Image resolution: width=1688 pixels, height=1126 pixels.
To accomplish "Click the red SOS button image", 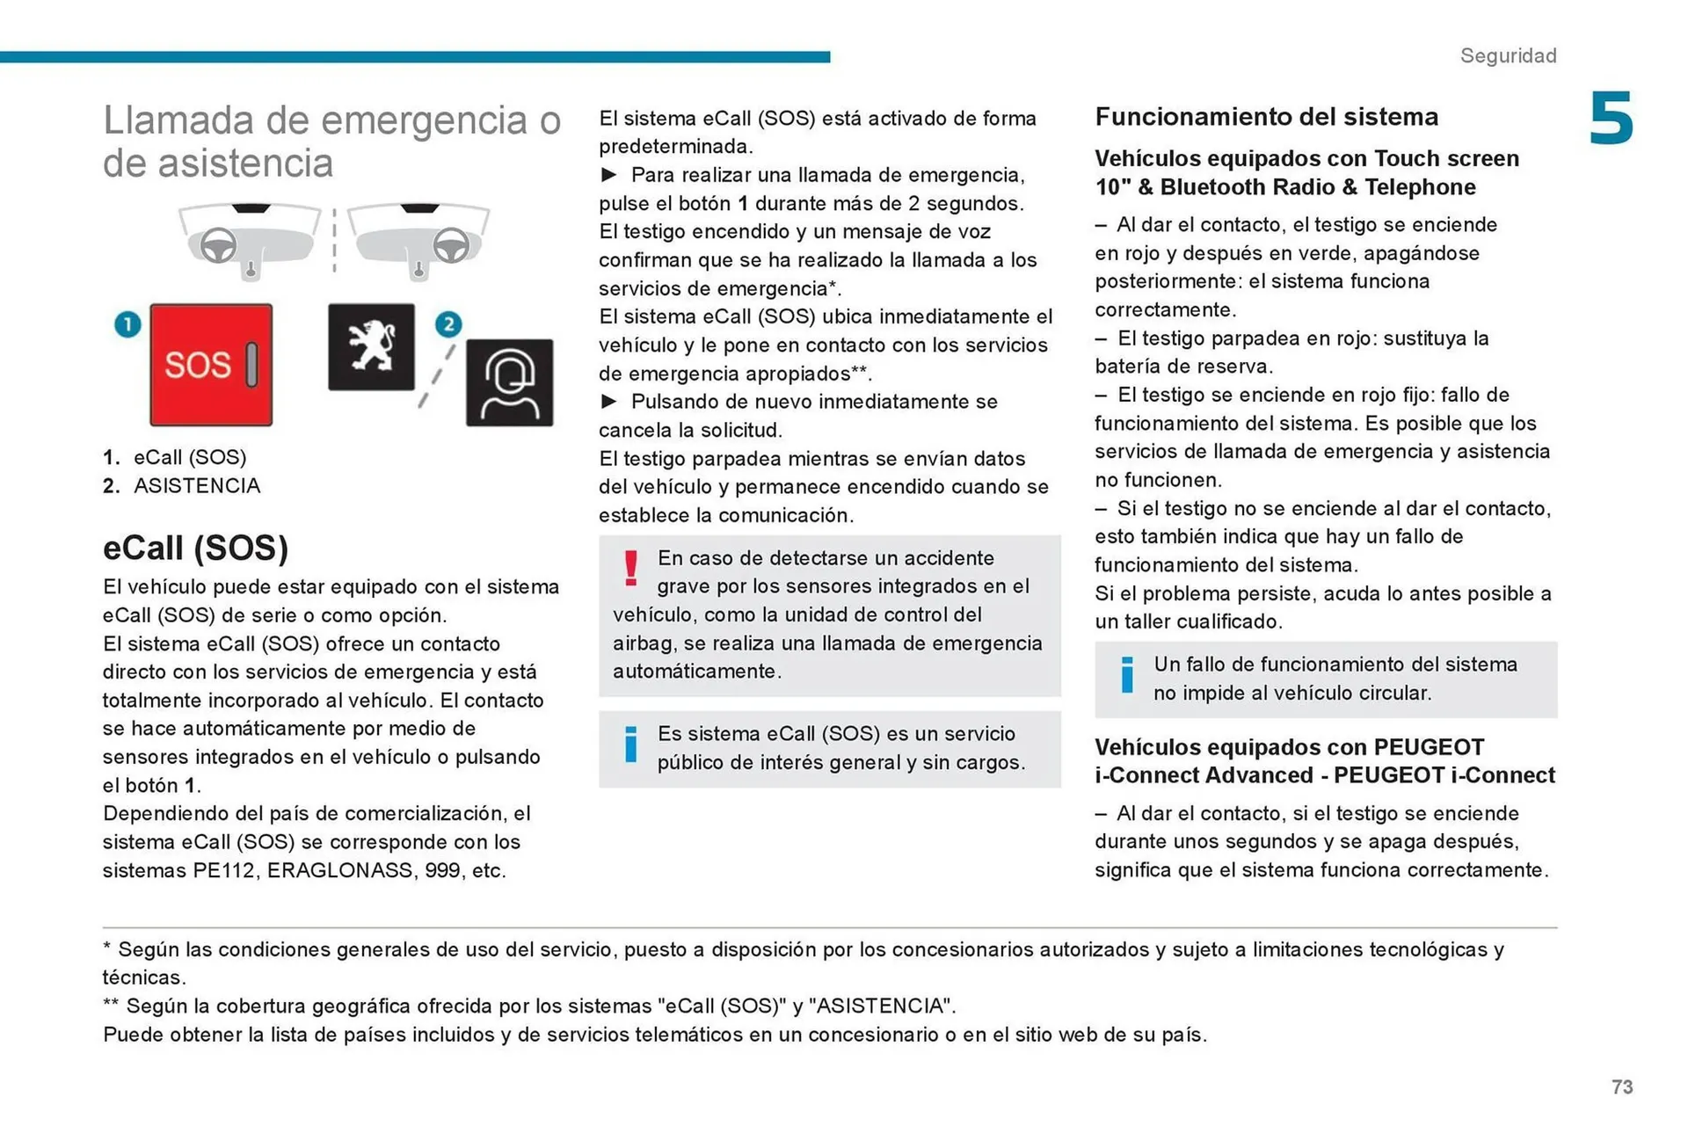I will (x=211, y=365).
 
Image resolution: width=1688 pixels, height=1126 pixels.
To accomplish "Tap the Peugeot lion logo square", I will (x=371, y=347).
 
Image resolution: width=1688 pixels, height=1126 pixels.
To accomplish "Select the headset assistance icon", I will (x=510, y=383).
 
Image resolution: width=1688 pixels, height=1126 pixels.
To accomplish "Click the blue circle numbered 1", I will (x=127, y=324).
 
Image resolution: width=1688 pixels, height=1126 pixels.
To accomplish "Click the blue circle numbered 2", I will (x=448, y=324).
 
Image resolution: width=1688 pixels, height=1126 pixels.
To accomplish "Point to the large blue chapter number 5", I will (x=1611, y=119).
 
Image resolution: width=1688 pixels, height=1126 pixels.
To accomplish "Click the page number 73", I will (x=1622, y=1087).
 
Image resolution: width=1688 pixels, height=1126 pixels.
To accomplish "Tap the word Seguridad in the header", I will (x=1508, y=55).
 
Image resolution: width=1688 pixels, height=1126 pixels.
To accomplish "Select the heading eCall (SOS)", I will (x=195, y=548).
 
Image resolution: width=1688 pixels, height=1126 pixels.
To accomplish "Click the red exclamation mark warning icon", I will (x=630, y=568).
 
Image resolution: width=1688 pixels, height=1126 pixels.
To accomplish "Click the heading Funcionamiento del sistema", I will (x=1266, y=117).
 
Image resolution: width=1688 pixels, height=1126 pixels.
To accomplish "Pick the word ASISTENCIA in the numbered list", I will (x=197, y=486).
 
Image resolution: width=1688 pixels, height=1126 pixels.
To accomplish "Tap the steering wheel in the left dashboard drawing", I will (x=218, y=245).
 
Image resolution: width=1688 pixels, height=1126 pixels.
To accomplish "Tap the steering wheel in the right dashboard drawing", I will (x=451, y=245).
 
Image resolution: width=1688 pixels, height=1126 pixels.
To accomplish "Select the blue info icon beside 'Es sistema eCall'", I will (x=630, y=745).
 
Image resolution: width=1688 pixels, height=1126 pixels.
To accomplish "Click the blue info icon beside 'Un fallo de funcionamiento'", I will (x=1127, y=675).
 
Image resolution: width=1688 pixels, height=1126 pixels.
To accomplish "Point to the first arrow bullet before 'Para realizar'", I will (x=608, y=175).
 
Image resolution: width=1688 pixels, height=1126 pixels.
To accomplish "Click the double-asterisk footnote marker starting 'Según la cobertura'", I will (x=111, y=1005).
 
